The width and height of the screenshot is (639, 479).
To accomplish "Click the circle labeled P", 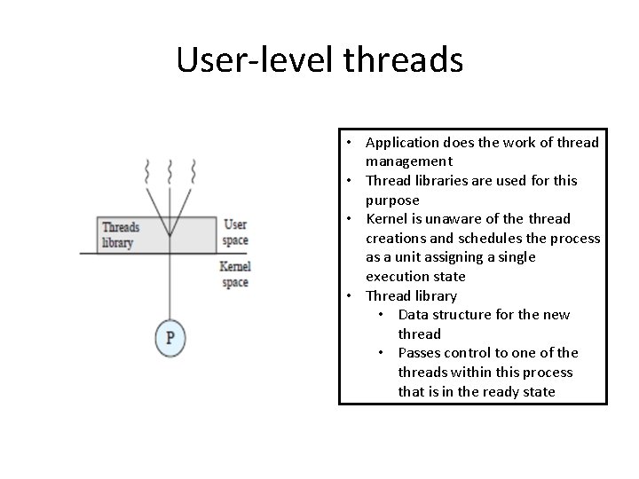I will tap(170, 337).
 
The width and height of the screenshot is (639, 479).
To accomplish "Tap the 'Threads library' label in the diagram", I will tap(121, 234).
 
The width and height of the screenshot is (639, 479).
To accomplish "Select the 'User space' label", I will tap(236, 232).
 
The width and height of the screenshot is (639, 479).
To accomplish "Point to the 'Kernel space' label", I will tap(236, 274).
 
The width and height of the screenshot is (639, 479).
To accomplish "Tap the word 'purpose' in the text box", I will tap(392, 200).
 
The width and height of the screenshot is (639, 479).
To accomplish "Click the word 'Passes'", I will tap(422, 353).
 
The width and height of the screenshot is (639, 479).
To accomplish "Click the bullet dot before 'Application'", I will tap(351, 143).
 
